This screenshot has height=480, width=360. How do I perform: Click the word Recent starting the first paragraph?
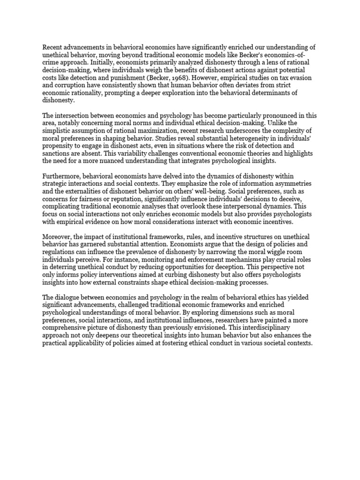click(x=53, y=47)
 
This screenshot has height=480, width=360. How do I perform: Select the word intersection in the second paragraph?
click(x=74, y=115)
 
